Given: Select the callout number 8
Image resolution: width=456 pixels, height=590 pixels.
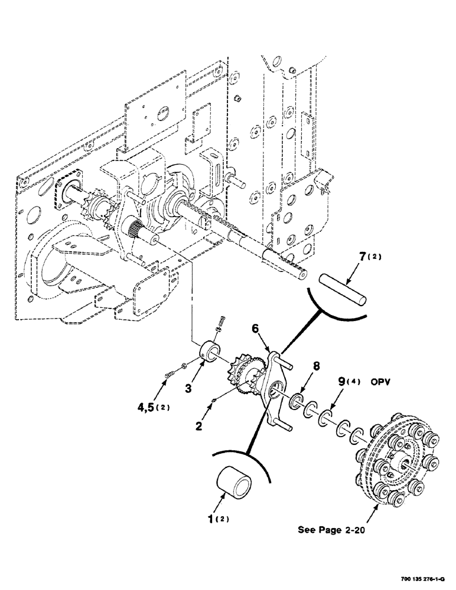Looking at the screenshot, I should [x=317, y=366].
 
